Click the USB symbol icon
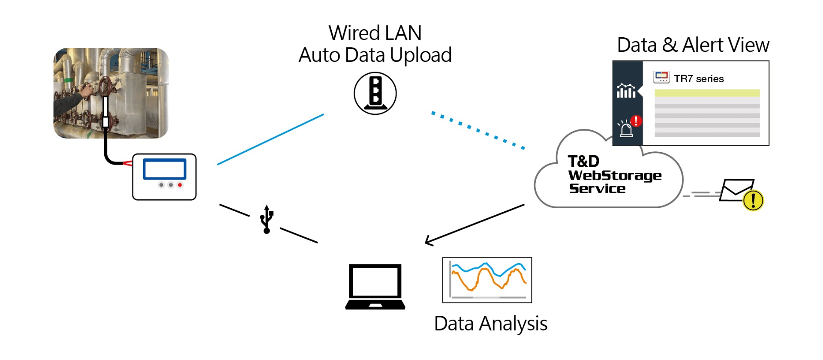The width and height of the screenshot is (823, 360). pos(267,219)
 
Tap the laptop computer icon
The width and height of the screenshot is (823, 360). pos(375,286)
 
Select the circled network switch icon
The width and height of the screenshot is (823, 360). pos(375,93)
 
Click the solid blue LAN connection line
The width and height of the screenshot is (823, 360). pos(270,139)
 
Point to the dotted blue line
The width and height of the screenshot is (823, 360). pos(478,130)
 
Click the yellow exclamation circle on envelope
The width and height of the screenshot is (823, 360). pos(753,200)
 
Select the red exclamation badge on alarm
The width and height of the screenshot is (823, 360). pos(636,121)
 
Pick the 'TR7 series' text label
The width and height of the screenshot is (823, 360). pos(699,79)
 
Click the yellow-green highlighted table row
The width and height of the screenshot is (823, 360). pos(707,93)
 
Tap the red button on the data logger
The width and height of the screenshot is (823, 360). pos(180,185)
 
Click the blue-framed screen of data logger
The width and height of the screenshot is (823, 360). pos(165,169)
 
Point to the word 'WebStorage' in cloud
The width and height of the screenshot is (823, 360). pos(615,175)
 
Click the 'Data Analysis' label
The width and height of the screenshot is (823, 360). pos(490,324)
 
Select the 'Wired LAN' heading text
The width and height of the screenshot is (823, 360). pos(375,33)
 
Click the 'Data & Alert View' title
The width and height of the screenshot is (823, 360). pos(693,45)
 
